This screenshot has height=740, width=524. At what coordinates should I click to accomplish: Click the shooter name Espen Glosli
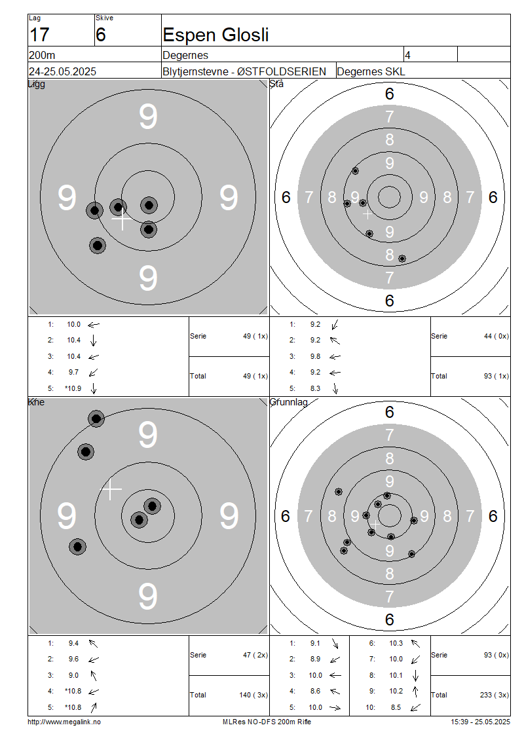pyautogui.click(x=215, y=35)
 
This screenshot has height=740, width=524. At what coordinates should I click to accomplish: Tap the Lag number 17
pyautogui.click(x=39, y=35)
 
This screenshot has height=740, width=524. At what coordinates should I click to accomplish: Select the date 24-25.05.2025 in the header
pyautogui.click(x=62, y=72)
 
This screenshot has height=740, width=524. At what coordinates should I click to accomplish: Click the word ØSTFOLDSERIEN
pyautogui.click(x=282, y=72)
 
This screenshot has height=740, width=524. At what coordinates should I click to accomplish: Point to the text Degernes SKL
pyautogui.click(x=371, y=72)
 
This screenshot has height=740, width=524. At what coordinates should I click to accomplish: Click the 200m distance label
pyautogui.click(x=42, y=55)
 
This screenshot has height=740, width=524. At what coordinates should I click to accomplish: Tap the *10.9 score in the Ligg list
pyautogui.click(x=73, y=388)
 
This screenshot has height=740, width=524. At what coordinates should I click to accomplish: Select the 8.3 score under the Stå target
pyautogui.click(x=315, y=388)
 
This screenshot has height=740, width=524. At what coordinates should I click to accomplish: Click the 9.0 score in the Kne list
pyautogui.click(x=73, y=675)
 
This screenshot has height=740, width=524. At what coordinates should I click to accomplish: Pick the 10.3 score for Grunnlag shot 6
pyautogui.click(x=396, y=643)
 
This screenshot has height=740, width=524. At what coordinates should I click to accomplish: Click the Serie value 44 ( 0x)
pyautogui.click(x=496, y=336)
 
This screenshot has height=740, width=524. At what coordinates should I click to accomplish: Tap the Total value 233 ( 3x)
pyautogui.click(x=495, y=695)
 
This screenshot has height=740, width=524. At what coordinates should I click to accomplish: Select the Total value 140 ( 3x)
pyautogui.click(x=253, y=695)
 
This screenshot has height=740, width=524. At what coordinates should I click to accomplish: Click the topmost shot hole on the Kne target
pyautogui.click(x=96, y=418)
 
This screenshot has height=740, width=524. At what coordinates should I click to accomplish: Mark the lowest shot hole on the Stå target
pyautogui.click(x=402, y=259)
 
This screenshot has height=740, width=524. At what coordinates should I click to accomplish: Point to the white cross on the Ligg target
pyautogui.click(x=122, y=219)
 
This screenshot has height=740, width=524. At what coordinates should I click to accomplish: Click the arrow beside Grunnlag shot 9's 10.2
pyautogui.click(x=415, y=692)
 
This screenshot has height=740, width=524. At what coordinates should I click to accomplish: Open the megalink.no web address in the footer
pyautogui.click(x=64, y=722)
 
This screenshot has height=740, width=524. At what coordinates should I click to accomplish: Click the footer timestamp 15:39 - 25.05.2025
pyautogui.click(x=480, y=722)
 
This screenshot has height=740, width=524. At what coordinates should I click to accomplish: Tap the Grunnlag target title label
pyautogui.click(x=288, y=402)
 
